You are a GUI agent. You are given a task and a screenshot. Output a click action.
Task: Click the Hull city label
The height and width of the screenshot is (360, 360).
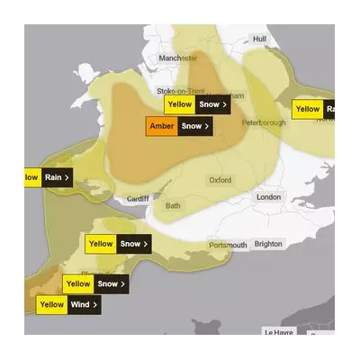pyautogui.click(x=260, y=39)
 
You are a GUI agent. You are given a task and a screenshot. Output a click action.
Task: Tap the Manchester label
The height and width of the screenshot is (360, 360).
pyautogui.click(x=177, y=58)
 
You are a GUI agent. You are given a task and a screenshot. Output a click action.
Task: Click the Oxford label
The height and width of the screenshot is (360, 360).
pyautogui.click(x=220, y=180)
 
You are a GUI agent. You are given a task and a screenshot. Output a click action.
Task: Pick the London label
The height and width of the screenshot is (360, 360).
pyautogui.click(x=268, y=197)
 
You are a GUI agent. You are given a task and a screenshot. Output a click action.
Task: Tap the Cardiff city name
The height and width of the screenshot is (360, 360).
pyautogui.click(x=138, y=199)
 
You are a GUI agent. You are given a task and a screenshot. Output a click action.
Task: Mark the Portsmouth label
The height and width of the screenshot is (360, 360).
pyautogui.click(x=228, y=245)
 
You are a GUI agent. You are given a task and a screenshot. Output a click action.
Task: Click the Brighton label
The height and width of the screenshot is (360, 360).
pyautogui.click(x=268, y=244)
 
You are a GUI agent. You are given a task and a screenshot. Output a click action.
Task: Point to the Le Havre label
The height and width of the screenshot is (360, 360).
pyautogui.click(x=279, y=331)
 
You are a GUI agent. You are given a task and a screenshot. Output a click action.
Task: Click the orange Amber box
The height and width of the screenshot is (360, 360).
pyautogui.click(x=162, y=126)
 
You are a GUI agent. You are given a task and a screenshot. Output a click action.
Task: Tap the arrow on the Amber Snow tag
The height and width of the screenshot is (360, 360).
pyautogui.click(x=207, y=126)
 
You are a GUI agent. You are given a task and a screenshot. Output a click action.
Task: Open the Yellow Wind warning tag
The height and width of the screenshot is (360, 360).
pyautogui.click(x=68, y=305)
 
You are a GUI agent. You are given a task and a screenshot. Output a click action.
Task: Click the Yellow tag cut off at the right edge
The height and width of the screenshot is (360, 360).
pyautogui.click(x=315, y=110)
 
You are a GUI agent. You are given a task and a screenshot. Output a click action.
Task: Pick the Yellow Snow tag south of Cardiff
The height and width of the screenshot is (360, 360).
pyautogui.click(x=117, y=243)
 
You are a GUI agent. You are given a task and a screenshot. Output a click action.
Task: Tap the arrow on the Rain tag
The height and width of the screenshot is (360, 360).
pyautogui.click(x=67, y=177)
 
